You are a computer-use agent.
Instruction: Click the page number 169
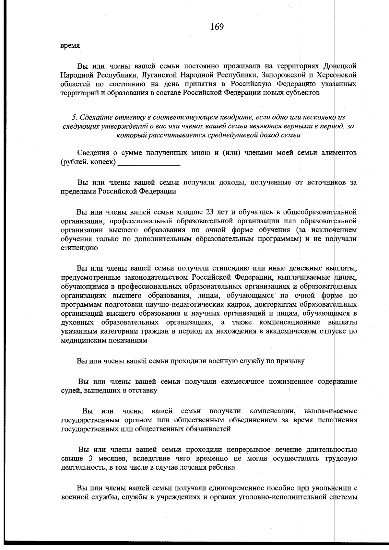click(217, 27)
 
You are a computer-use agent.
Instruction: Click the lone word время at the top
click(70, 46)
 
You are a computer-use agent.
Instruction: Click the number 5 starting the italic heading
click(74, 117)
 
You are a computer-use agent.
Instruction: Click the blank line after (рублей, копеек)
click(149, 162)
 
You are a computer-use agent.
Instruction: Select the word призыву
click(290, 361)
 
